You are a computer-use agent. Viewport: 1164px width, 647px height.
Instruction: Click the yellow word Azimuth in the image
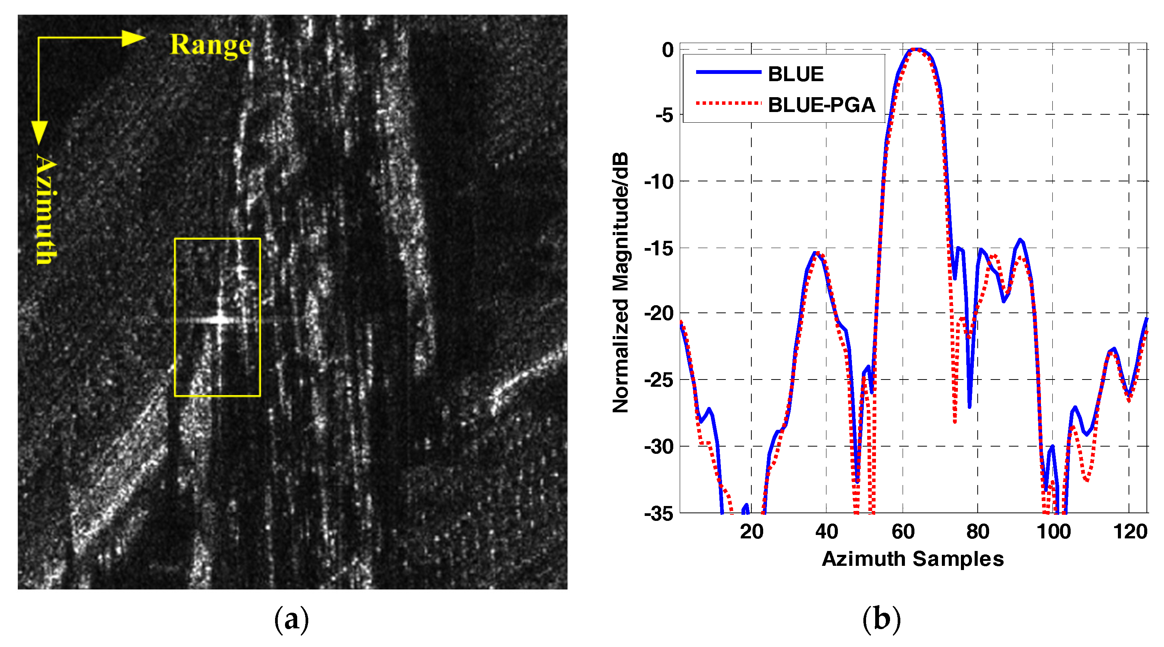pos(46,209)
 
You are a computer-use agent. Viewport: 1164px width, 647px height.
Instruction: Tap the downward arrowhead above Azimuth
pos(39,132)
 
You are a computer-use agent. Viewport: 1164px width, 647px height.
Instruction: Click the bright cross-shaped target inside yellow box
pos(220,319)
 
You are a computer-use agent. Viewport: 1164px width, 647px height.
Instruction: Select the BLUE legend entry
pos(795,74)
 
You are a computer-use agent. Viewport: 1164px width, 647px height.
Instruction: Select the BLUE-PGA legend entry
pos(821,105)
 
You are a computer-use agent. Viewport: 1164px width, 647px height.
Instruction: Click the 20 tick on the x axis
pos(751,531)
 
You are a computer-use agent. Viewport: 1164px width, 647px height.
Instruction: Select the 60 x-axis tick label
pos(903,531)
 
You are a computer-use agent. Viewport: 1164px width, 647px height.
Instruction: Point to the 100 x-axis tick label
pos(1053,531)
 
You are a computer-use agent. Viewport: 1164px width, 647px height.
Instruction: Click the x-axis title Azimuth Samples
pos(913,559)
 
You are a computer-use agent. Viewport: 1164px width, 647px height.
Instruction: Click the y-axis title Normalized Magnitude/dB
pos(620,282)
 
